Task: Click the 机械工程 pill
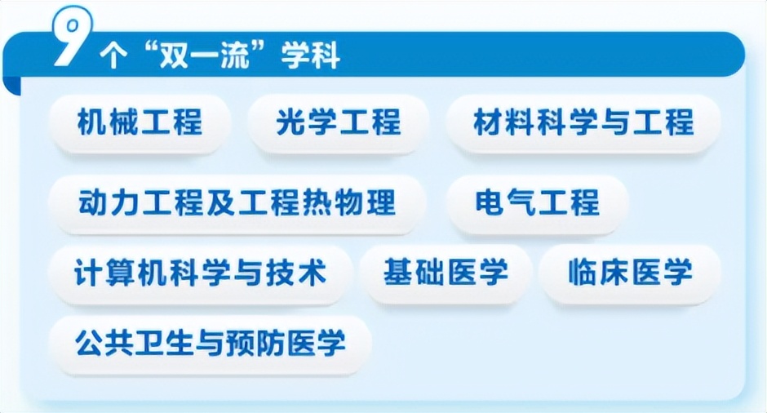coord(140,122)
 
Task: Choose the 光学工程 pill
coord(339,122)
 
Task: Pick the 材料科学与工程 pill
coord(583,122)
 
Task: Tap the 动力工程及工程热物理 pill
coord(237,202)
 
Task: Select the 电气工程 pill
coord(538,202)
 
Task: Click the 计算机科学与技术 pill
coord(200,273)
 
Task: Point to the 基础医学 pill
coord(446,273)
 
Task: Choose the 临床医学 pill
coord(630,273)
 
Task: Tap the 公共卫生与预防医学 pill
coord(211,344)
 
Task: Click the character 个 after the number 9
coord(113,56)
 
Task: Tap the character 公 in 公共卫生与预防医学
coord(90,344)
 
